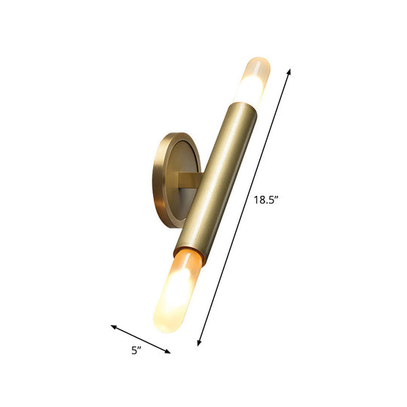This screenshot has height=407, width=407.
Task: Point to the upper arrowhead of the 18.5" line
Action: pos(289,70)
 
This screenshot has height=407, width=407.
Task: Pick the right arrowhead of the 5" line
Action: pos(169,352)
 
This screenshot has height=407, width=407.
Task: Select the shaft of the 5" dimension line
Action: pos(142,340)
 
